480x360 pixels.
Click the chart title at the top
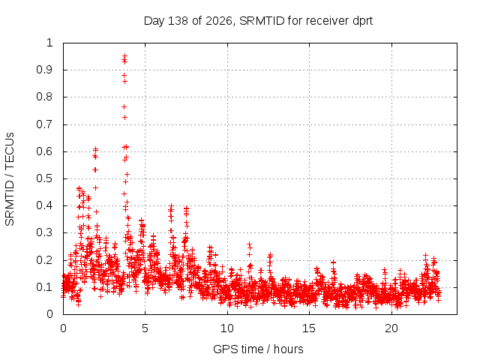[x=258, y=21]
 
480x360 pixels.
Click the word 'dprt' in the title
[x=363, y=21]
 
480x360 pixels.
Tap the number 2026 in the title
[x=219, y=21]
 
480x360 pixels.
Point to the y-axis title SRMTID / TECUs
[x=10, y=179]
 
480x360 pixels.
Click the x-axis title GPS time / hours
[x=258, y=349]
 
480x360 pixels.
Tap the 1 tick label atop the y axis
[x=50, y=43]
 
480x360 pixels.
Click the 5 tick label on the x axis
[x=145, y=328]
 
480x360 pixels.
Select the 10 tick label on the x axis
[x=227, y=328]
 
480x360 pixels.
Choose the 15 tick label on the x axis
[x=309, y=328]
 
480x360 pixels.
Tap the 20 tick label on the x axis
[x=391, y=328]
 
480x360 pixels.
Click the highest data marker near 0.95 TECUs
[x=124, y=56]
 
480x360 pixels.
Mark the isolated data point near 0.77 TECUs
[x=124, y=106]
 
